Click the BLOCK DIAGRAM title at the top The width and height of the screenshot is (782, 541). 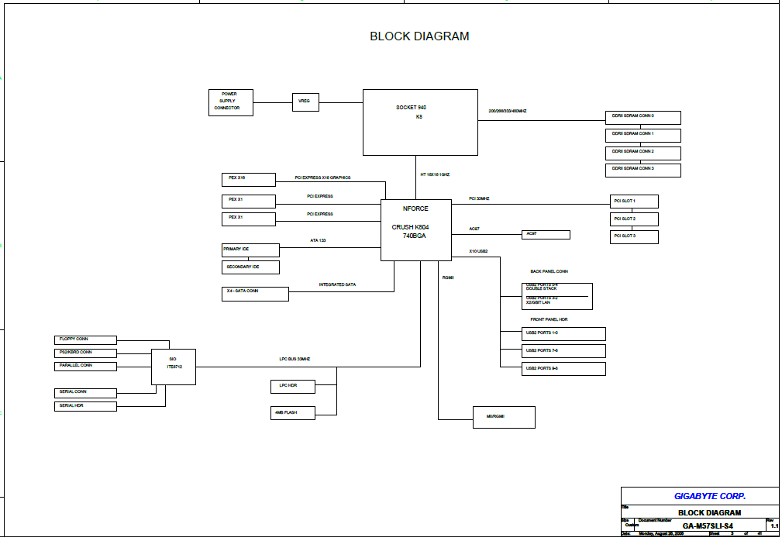[419, 36]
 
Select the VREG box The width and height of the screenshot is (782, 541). [305, 102]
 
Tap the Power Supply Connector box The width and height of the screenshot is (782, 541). [231, 102]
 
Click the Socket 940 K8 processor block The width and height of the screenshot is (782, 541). [420, 122]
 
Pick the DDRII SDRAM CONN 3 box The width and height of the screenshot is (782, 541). [642, 170]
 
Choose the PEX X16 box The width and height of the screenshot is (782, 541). [249, 179]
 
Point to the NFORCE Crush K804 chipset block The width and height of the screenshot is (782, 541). [415, 229]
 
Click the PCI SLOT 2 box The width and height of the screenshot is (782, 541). [634, 219]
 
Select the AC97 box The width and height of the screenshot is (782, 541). [546, 234]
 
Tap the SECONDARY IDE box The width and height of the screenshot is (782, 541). [250, 267]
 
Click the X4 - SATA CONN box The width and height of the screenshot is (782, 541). [255, 294]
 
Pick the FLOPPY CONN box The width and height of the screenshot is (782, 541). [86, 339]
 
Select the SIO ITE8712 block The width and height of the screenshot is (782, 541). [174, 367]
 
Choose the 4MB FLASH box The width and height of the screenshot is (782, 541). [294, 412]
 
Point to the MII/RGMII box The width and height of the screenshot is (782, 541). [505, 417]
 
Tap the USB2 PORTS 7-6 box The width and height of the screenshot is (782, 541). [563, 351]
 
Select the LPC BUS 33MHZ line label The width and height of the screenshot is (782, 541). [295, 359]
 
